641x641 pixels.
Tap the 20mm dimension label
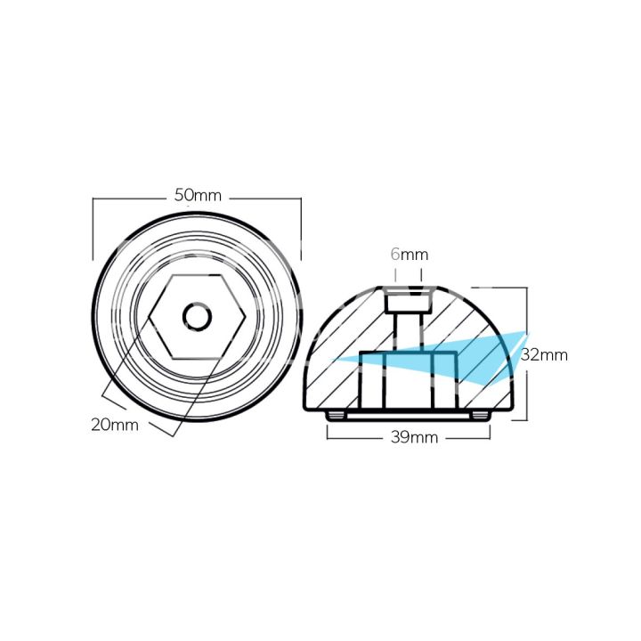(x=114, y=425)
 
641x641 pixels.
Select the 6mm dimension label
(x=409, y=255)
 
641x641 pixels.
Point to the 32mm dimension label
(x=544, y=354)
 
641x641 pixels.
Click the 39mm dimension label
(x=410, y=437)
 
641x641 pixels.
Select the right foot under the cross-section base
(x=481, y=416)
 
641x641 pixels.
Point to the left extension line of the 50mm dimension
(x=93, y=230)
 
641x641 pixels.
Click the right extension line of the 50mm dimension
(x=301, y=230)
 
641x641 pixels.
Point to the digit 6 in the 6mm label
(x=395, y=255)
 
